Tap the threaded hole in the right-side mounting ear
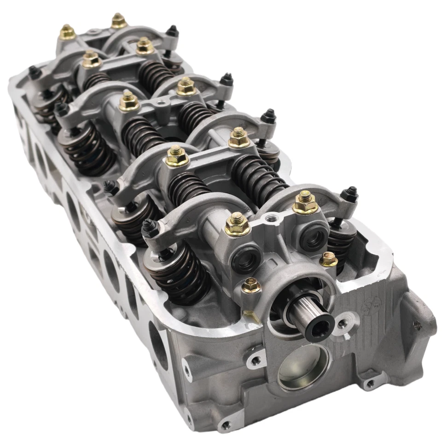(x=417, y=325)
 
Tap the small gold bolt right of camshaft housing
(x=328, y=259)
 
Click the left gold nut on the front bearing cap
(x=237, y=224)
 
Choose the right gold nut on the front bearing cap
(x=305, y=202)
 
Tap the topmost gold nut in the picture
(x=119, y=20)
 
